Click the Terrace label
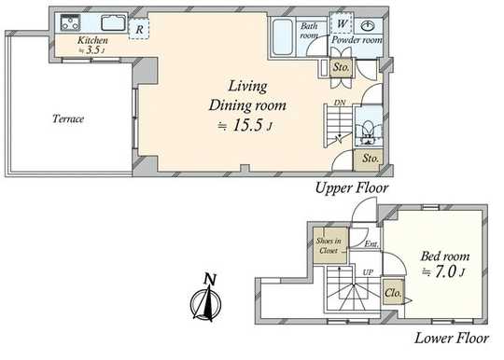pyautogui.click(x=68, y=118)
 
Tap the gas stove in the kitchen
pyautogui.click(x=70, y=22)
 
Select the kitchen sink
pyautogui.click(x=114, y=22)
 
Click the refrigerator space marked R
pyautogui.click(x=139, y=30)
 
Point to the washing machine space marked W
pyautogui.click(x=342, y=23)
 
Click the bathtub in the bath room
pyautogui.click(x=283, y=36)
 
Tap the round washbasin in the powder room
pyautogui.click(x=368, y=26)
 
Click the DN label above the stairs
pyautogui.click(x=340, y=103)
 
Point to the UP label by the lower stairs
pyautogui.click(x=368, y=272)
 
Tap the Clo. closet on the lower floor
pyautogui.click(x=393, y=292)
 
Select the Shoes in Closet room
pyautogui.click(x=330, y=245)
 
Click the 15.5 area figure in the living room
pyautogui.click(x=248, y=125)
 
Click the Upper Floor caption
pyautogui.click(x=352, y=188)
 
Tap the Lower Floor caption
pyautogui.click(x=452, y=339)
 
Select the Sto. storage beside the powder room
pyautogui.click(x=341, y=67)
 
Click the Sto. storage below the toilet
pyautogui.click(x=369, y=159)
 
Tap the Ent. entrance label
pyautogui.click(x=371, y=244)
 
